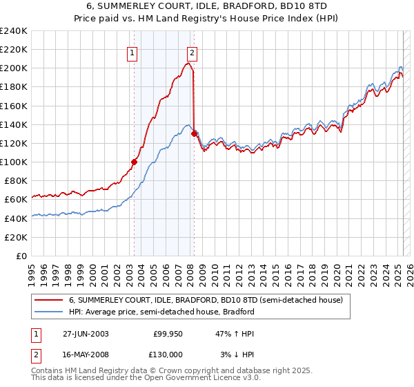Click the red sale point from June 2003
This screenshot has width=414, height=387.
(x=134, y=162)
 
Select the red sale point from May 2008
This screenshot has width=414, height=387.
(x=194, y=133)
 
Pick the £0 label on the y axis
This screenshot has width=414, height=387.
(x=21, y=256)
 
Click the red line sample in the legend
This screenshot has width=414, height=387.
(x=48, y=301)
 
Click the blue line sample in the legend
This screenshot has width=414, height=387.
(x=48, y=312)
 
